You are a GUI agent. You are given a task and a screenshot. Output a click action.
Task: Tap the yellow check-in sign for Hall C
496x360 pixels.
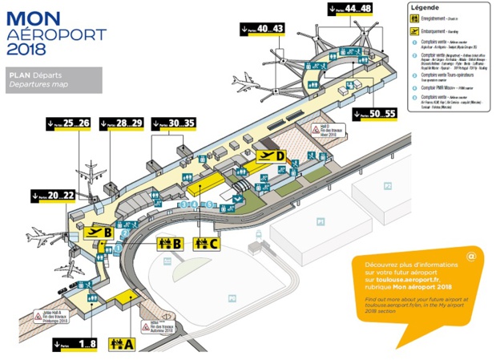point(207,244)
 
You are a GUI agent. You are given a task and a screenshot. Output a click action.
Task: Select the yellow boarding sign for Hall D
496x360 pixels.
point(272,156)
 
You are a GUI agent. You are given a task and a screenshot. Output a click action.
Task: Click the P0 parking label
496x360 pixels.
point(232,298)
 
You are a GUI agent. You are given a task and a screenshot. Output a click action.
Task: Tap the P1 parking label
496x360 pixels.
point(319,220)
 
